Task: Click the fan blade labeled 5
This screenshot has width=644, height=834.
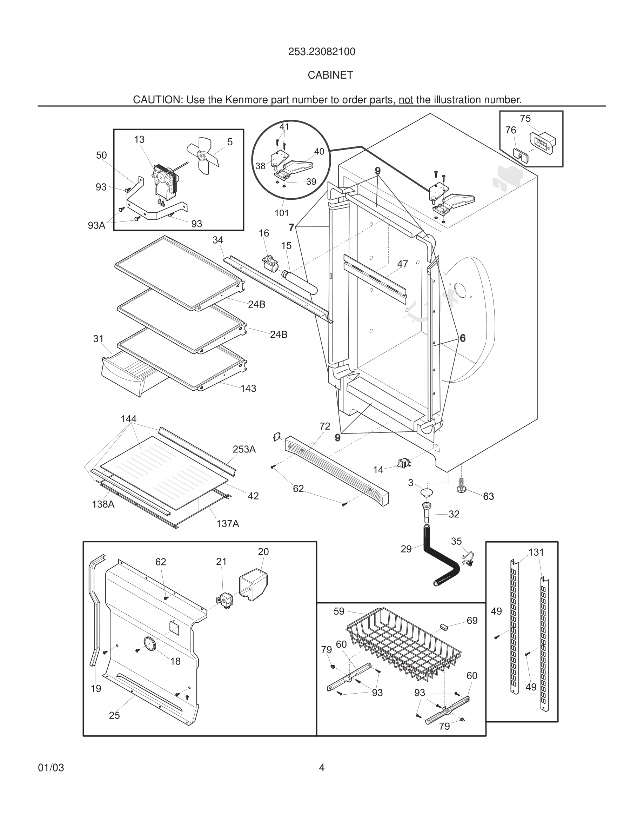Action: click(x=203, y=155)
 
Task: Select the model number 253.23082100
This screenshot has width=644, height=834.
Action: click(x=321, y=52)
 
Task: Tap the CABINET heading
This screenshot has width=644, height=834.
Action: click(x=330, y=75)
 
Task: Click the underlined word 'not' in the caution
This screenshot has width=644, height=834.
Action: click(x=405, y=100)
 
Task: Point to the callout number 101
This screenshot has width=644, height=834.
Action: click(x=282, y=213)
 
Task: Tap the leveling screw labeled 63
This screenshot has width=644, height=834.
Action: click(x=461, y=485)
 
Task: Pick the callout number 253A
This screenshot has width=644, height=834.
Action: click(x=244, y=449)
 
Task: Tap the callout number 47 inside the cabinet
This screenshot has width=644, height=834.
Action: click(x=403, y=264)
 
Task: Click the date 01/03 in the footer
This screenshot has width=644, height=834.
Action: click(x=51, y=768)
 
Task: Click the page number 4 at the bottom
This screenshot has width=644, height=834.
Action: click(x=322, y=768)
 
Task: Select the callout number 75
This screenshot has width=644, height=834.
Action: click(x=525, y=119)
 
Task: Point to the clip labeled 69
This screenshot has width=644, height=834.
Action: click(x=444, y=627)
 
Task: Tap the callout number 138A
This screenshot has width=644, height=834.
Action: click(x=103, y=504)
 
